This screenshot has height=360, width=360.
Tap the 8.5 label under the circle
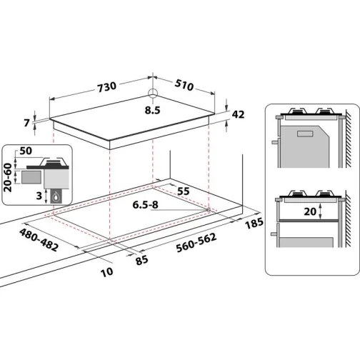pyautogui.click(x=152, y=111)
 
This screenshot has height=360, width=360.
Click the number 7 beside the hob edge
pyautogui.click(x=26, y=123)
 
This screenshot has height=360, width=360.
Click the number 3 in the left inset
pyautogui.click(x=37, y=194)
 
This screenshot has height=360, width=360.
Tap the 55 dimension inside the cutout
pyautogui.click(x=183, y=192)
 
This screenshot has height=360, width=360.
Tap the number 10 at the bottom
pyautogui.click(x=107, y=271)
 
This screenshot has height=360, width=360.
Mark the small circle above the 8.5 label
pyautogui.click(x=152, y=94)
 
